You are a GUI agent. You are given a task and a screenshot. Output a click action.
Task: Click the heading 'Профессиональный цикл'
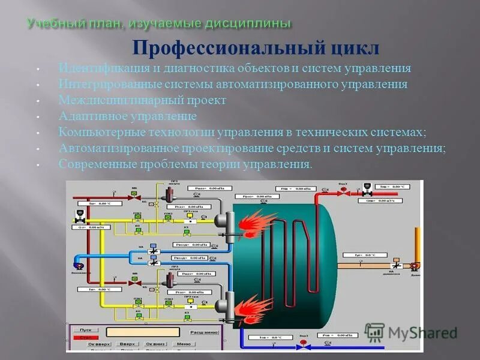(256, 47)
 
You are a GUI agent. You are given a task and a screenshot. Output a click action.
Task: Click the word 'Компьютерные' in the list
(94, 131)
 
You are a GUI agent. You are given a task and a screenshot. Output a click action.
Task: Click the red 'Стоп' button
(85, 338)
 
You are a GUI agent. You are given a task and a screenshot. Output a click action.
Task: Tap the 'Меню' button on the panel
(184, 344)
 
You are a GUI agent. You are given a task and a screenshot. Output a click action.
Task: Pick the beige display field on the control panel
(143, 331)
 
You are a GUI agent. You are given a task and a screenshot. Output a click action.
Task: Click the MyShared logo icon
(374, 332)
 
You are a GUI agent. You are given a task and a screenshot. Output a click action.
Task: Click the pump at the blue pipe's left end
(78, 265)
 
